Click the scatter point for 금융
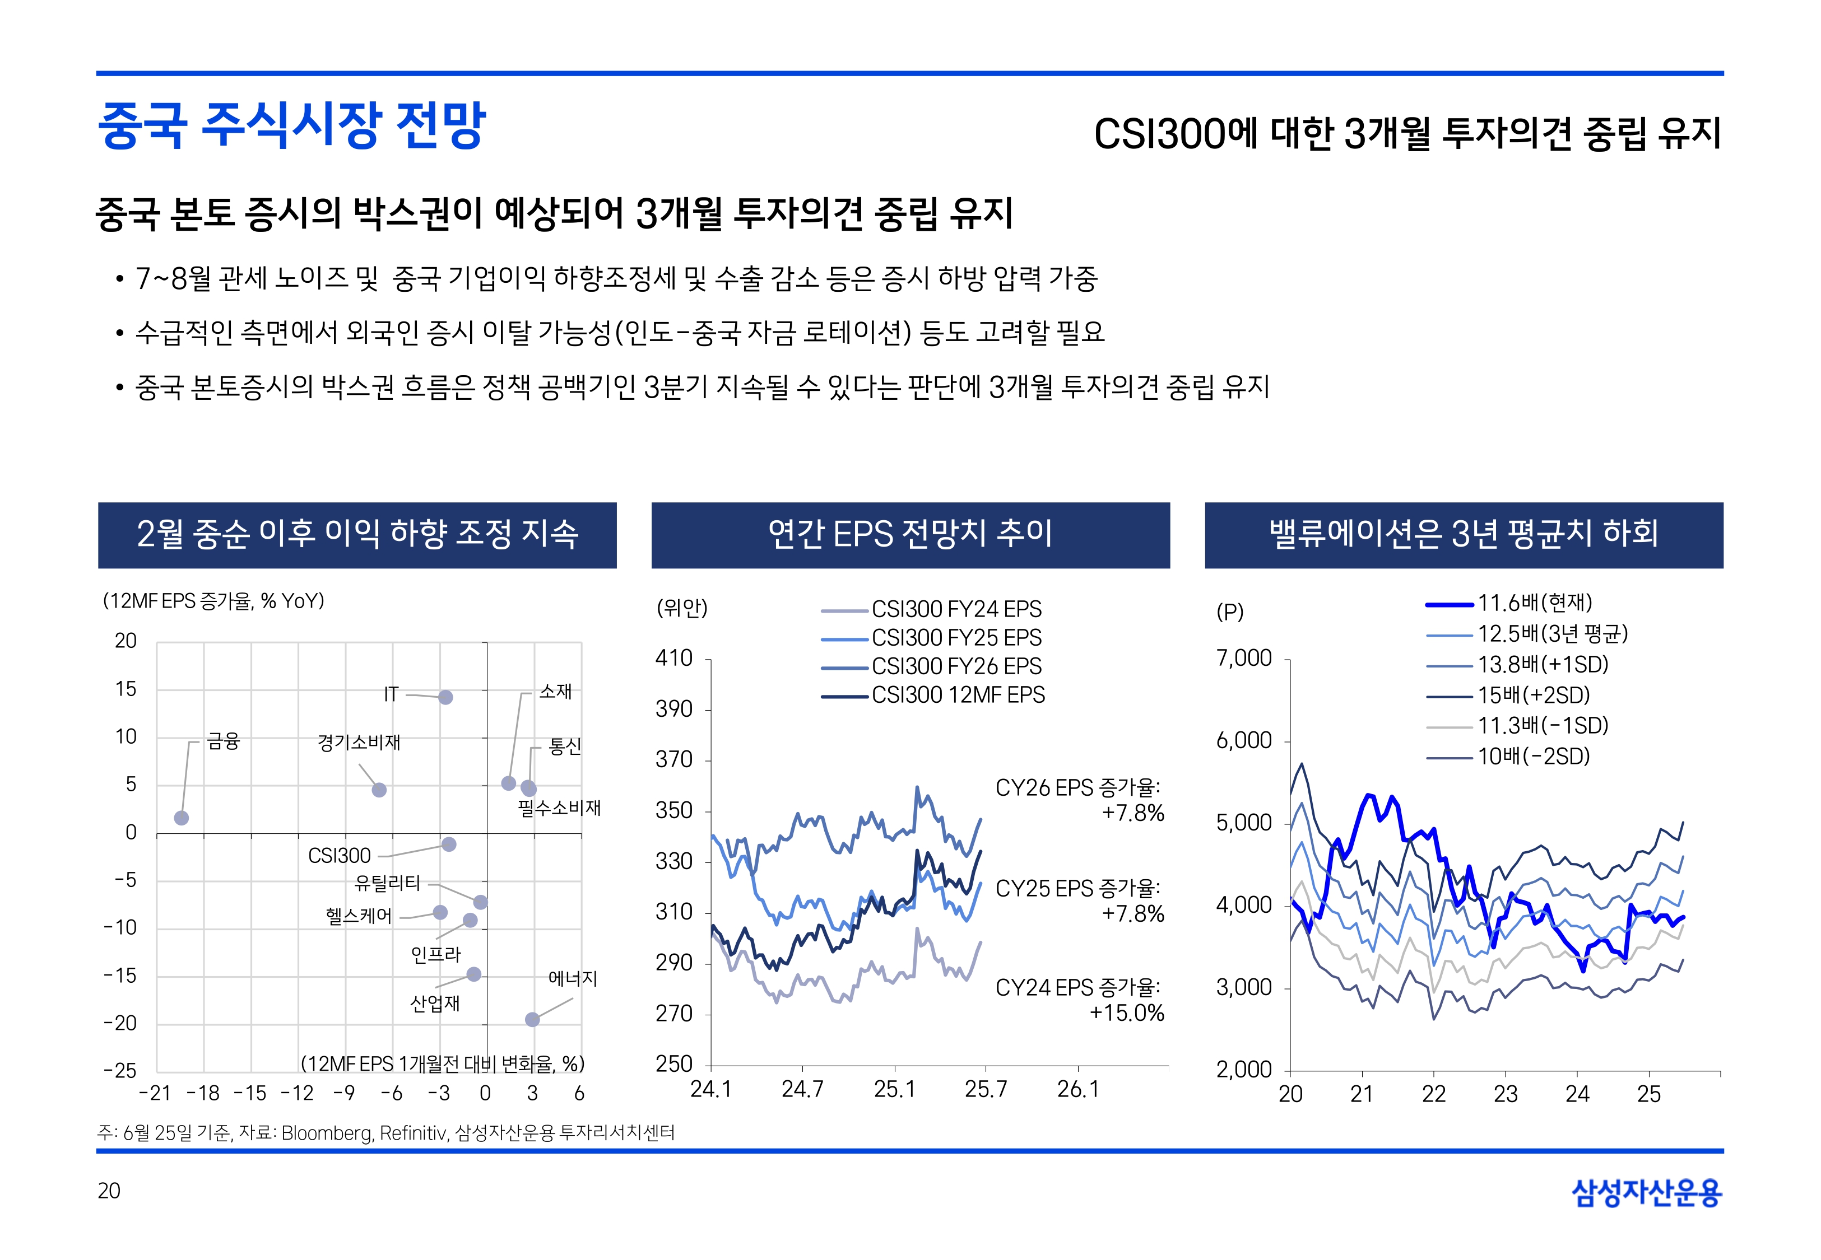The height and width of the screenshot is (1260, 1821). click(182, 818)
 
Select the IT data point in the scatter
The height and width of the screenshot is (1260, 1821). click(445, 697)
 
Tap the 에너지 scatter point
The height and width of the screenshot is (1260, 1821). click(532, 1019)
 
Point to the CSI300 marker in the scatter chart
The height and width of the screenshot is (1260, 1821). click(449, 844)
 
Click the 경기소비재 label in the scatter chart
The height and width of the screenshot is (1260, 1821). click(359, 742)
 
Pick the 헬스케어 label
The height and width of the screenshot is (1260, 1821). click(359, 916)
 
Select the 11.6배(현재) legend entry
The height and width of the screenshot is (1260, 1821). click(1534, 603)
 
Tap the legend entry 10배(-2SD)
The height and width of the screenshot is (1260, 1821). click(1533, 757)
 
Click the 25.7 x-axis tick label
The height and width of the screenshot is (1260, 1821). click(986, 1089)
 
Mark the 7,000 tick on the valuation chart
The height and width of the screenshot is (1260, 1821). click(1244, 659)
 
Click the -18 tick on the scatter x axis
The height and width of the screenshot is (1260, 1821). click(202, 1094)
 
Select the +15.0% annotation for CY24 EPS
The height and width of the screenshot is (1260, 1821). click(1127, 1013)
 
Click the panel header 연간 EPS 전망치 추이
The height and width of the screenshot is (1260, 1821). click(910, 534)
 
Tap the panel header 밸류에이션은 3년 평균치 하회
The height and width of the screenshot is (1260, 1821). click(1464, 534)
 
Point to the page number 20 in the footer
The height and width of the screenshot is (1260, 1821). click(109, 1191)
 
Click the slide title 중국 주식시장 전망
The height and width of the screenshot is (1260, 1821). click(291, 125)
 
